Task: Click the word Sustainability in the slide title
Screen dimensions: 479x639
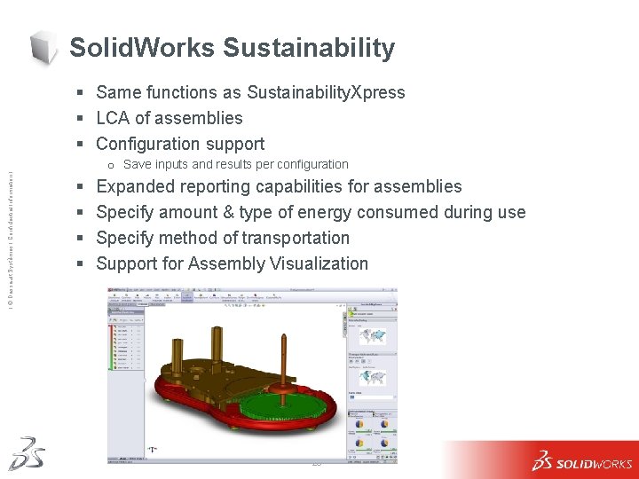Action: [x=308, y=48]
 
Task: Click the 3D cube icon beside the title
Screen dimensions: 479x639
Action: [x=44, y=47]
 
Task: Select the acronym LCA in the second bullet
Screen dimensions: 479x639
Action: [x=113, y=118]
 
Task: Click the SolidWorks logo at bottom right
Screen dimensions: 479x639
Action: [x=581, y=461]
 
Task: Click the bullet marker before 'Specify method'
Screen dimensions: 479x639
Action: [x=81, y=239]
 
